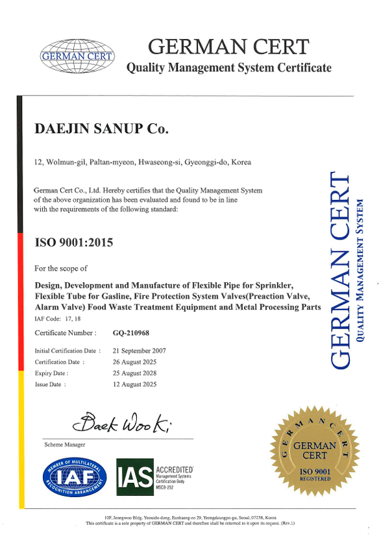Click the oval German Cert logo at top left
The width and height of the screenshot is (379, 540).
click(77, 56)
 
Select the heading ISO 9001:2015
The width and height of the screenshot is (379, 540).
click(73, 243)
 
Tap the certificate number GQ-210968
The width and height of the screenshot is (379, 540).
click(131, 333)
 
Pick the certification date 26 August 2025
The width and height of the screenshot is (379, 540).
click(135, 362)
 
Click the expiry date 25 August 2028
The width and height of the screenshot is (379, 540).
click(135, 373)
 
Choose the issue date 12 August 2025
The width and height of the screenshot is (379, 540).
click(135, 384)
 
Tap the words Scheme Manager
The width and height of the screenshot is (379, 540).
click(64, 445)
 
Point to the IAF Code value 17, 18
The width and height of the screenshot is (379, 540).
click(72, 319)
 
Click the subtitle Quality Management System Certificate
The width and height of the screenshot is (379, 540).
click(228, 67)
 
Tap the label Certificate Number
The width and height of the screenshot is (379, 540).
click(65, 333)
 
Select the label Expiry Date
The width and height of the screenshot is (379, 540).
click(51, 373)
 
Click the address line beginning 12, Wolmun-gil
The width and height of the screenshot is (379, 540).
click(142, 162)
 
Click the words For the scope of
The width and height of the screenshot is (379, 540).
click(60, 268)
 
